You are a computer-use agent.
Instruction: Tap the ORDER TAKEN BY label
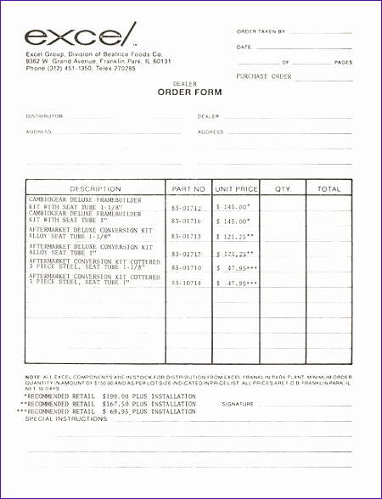[x=261, y=31]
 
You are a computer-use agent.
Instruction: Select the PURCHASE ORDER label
[x=264, y=76]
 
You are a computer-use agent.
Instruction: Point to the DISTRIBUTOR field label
[x=44, y=116]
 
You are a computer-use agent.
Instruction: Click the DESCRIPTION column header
[x=95, y=188]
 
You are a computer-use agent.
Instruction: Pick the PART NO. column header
[x=188, y=188]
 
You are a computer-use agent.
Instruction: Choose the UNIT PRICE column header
[x=236, y=188]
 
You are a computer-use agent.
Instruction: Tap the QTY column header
[x=283, y=188]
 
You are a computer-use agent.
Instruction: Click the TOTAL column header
[x=329, y=188]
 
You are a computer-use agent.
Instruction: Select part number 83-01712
[x=187, y=207]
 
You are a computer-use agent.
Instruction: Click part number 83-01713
[x=187, y=237]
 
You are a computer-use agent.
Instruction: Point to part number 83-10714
[x=187, y=282]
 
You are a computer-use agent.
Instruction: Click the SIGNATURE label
[x=238, y=404]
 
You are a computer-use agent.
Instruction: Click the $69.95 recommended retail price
[x=116, y=412]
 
